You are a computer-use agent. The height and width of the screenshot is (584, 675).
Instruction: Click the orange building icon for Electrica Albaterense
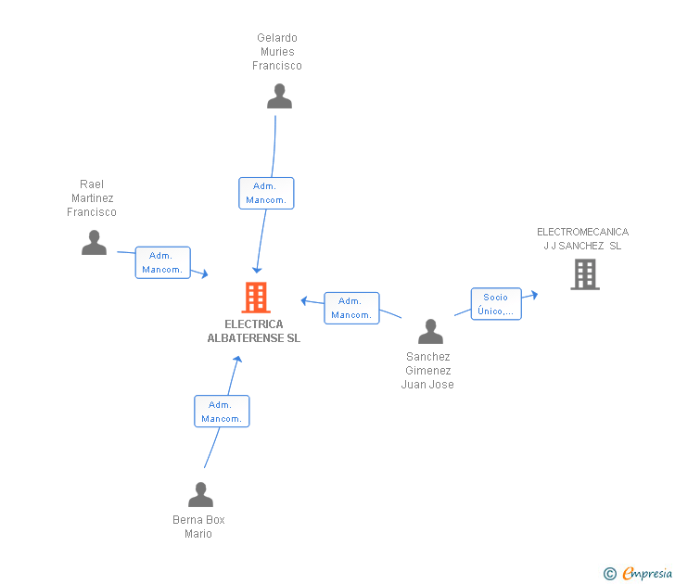point(256,297)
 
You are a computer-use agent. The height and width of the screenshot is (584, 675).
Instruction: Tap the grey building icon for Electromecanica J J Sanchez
point(585,274)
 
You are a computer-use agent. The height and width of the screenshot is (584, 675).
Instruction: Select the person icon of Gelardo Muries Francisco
point(279,96)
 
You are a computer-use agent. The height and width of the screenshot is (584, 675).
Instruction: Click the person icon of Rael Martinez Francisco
point(94,242)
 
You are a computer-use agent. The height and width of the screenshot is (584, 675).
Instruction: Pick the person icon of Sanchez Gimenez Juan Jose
point(430,331)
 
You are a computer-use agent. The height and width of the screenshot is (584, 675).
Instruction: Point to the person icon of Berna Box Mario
point(200,494)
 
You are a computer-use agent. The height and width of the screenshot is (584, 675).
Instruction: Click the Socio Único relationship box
point(496,304)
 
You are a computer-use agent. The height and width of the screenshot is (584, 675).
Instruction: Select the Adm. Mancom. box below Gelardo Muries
point(266,193)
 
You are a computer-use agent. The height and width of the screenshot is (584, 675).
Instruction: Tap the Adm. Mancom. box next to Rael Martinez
point(163,262)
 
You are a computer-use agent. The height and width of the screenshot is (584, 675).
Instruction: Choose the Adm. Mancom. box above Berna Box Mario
point(222,412)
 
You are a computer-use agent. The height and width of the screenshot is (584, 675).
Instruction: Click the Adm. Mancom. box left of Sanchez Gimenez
point(351,308)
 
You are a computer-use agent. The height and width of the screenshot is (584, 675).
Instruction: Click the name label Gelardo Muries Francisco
point(277,52)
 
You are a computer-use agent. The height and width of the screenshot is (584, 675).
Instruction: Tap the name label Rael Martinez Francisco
point(92,198)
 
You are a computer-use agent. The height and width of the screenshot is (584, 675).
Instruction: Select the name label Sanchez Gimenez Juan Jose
point(427,371)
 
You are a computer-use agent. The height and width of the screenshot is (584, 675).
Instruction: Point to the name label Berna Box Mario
point(198,527)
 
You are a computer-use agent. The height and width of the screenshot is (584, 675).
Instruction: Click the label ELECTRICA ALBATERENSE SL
point(254,331)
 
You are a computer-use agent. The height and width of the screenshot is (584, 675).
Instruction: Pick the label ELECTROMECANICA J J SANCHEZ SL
point(582,239)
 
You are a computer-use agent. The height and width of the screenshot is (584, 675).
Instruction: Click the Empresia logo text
point(647,573)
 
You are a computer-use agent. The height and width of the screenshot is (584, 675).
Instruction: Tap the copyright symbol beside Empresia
point(610,574)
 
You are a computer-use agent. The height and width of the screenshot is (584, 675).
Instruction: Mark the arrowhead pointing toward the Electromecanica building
point(534,295)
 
